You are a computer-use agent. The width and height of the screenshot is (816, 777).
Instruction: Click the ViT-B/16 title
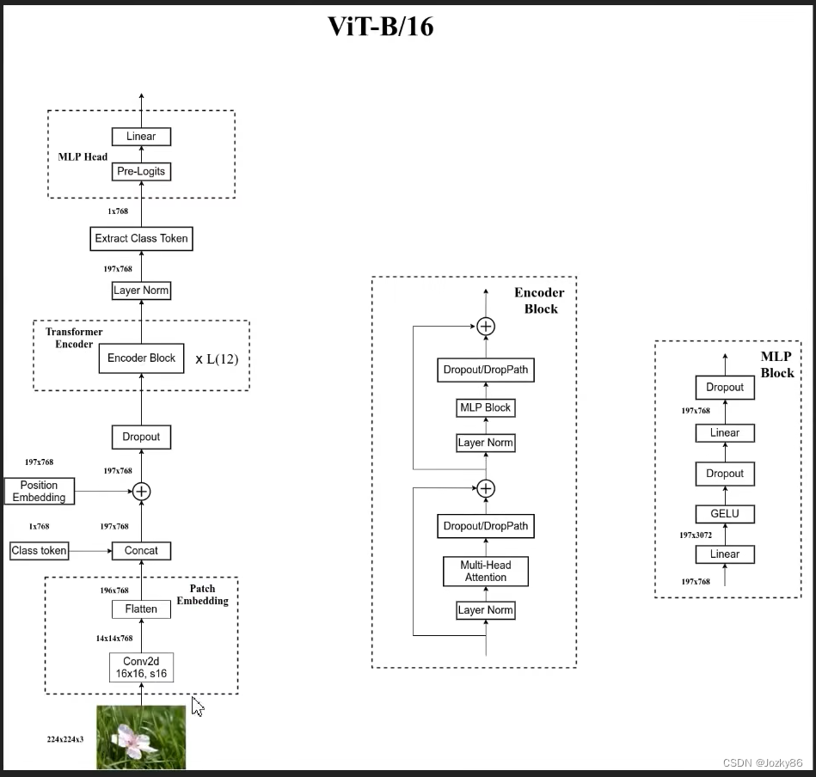pyautogui.click(x=381, y=27)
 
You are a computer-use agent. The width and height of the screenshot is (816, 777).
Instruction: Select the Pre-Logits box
pyautogui.click(x=141, y=172)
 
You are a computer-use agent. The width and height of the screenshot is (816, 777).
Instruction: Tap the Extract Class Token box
pyautogui.click(x=141, y=238)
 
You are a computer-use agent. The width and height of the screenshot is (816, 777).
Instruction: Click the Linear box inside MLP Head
pyautogui.click(x=141, y=137)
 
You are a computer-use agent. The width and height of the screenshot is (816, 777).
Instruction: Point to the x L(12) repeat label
pyautogui.click(x=217, y=358)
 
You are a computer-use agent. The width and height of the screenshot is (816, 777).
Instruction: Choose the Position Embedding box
pyautogui.click(x=39, y=492)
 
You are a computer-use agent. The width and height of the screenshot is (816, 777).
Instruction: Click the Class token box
pyautogui.click(x=39, y=550)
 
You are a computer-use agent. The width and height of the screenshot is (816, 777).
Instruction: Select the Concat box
pyautogui.click(x=141, y=550)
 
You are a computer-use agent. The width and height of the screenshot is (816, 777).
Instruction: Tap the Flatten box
pyautogui.click(x=141, y=609)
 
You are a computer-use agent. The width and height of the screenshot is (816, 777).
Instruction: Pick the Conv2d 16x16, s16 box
pyautogui.click(x=141, y=667)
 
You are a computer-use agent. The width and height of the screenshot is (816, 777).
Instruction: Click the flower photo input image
pyautogui.click(x=141, y=737)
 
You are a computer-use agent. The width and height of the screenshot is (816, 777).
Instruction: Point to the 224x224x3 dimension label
pyautogui.click(x=65, y=739)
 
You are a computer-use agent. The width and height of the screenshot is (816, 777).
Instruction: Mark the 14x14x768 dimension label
pyautogui.click(x=114, y=639)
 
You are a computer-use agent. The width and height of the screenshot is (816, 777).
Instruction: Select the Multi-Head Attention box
pyautogui.click(x=486, y=571)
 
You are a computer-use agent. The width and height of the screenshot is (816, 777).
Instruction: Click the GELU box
pyautogui.click(x=725, y=514)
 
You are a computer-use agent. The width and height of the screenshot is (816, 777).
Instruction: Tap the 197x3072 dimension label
pyautogui.click(x=696, y=535)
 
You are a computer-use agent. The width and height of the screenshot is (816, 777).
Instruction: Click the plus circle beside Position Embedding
pyautogui.click(x=141, y=491)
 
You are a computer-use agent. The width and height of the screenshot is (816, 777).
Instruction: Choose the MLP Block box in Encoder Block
pyautogui.click(x=486, y=407)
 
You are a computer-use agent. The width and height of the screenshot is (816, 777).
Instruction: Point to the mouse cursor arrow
pyautogui.click(x=197, y=707)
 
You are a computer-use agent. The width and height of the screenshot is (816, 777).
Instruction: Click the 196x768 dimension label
pyautogui.click(x=114, y=590)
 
